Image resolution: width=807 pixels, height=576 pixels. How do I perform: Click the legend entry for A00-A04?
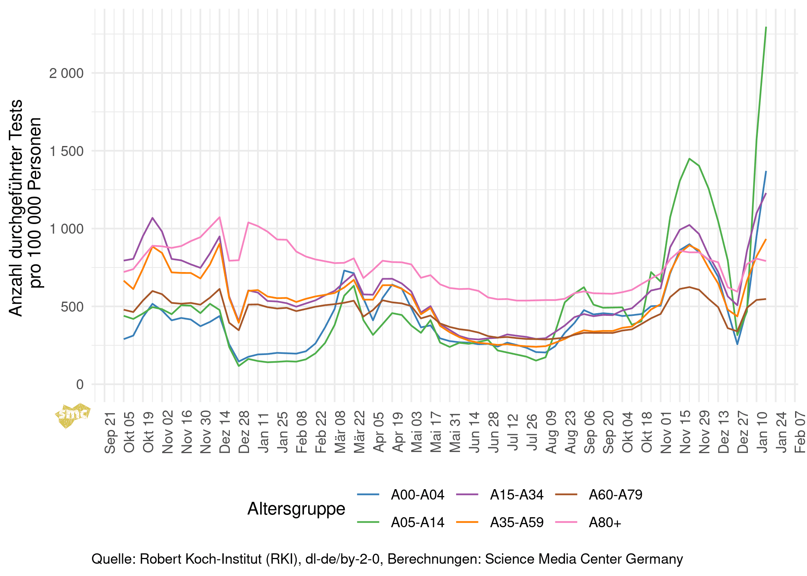(x=417, y=495)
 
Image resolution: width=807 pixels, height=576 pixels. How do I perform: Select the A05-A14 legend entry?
(x=417, y=522)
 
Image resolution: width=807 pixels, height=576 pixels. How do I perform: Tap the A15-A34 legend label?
(x=516, y=495)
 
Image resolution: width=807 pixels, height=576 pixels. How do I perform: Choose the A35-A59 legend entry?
(x=516, y=522)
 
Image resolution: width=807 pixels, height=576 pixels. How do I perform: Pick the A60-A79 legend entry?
(x=615, y=495)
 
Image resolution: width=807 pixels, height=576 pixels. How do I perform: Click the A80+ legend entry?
(x=605, y=522)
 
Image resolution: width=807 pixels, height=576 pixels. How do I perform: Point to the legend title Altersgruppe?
(x=296, y=508)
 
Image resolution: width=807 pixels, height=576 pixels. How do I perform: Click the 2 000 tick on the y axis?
(x=66, y=73)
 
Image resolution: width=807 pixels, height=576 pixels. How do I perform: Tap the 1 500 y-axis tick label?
(x=66, y=151)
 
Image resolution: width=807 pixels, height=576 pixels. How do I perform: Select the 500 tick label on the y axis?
(x=72, y=307)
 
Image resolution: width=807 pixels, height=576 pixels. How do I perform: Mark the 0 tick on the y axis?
(x=80, y=384)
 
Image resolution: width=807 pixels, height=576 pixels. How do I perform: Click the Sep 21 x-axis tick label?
(x=110, y=433)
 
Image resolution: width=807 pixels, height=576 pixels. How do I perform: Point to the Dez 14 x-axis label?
(x=225, y=432)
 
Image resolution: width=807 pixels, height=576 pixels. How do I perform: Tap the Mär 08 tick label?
(x=340, y=432)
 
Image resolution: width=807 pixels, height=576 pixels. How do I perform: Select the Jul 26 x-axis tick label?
(x=532, y=432)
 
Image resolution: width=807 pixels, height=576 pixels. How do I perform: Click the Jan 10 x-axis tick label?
(x=762, y=432)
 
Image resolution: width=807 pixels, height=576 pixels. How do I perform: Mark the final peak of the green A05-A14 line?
(x=766, y=27)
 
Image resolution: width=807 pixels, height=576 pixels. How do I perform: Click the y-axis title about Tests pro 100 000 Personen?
(x=25, y=207)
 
